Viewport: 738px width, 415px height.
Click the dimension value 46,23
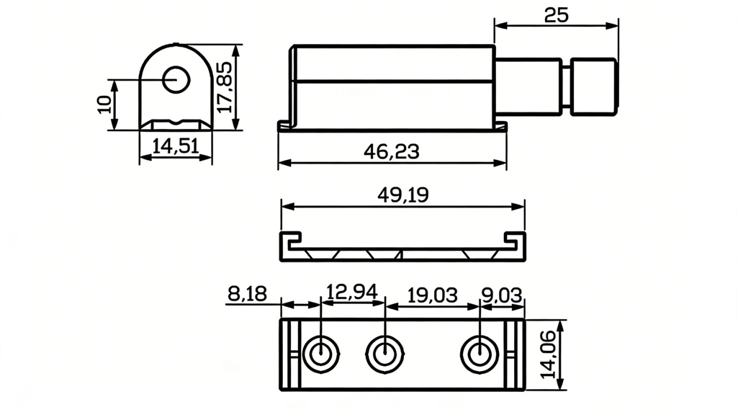392,152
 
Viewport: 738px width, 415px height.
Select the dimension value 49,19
402,195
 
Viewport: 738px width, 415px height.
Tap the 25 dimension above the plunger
557,15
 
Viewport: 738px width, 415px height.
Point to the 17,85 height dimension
225,86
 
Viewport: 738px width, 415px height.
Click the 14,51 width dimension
176,146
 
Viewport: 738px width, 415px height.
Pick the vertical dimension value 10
104,104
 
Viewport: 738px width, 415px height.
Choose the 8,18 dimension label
246,294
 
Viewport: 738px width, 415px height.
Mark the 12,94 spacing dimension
351,293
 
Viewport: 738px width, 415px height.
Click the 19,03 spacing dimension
432,294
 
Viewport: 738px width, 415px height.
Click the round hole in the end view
174,80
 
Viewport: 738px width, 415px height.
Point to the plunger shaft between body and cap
531,86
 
